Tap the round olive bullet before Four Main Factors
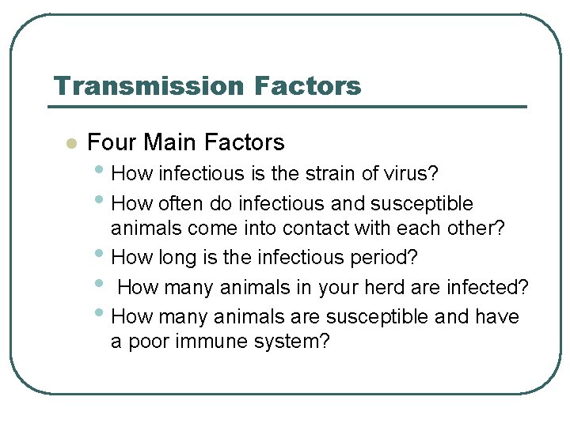point(70,144)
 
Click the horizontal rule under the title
point(287,106)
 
